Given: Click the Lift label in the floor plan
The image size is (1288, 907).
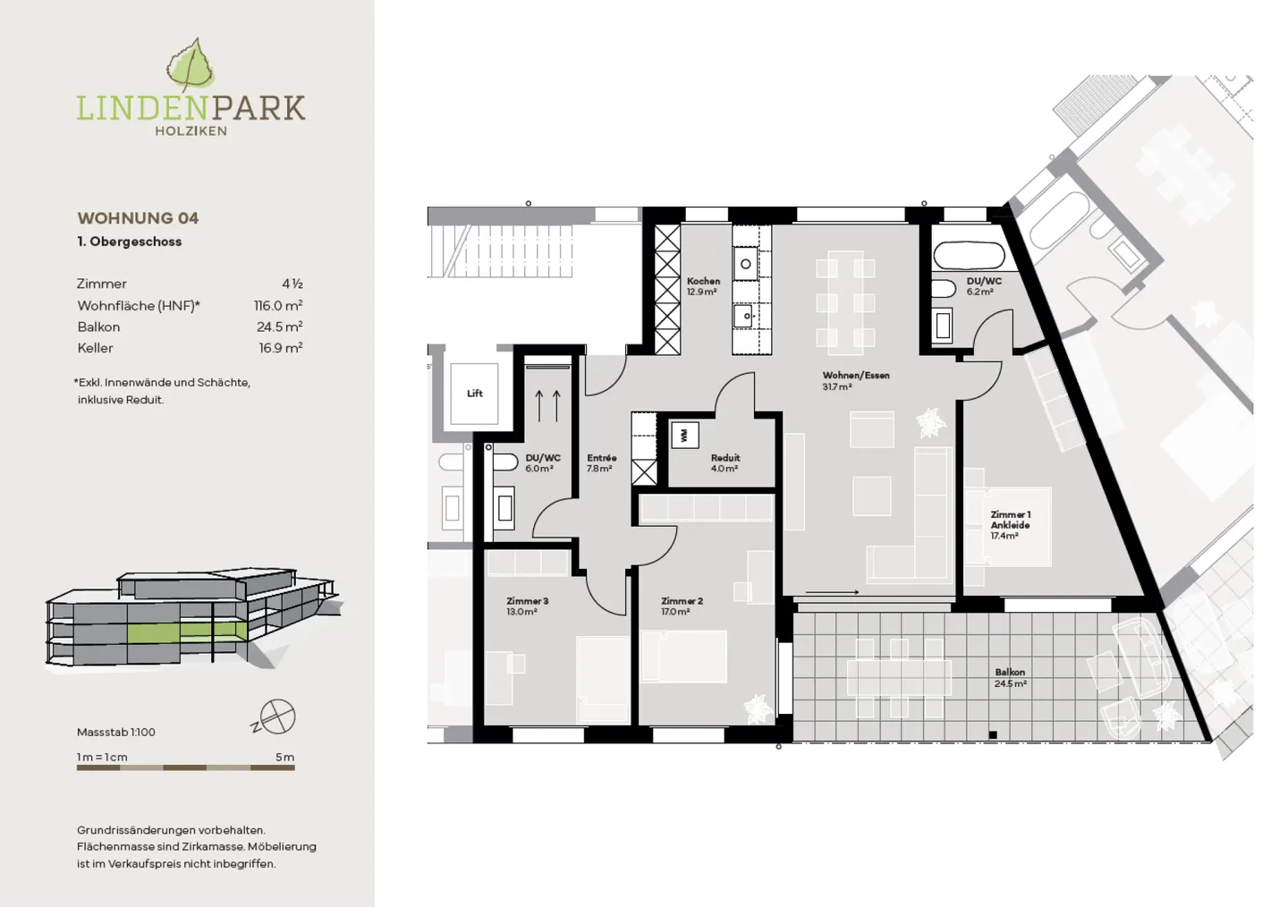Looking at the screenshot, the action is pyautogui.click(x=475, y=394).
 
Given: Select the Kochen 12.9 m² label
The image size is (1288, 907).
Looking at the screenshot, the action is pyautogui.click(x=703, y=286).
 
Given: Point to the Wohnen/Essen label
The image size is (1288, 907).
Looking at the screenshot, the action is pyautogui.click(x=856, y=375).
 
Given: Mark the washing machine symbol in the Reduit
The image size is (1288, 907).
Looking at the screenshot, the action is pyautogui.click(x=684, y=436).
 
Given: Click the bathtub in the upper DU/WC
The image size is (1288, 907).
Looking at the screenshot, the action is pyautogui.click(x=969, y=255).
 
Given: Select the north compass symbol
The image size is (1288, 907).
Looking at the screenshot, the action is pyautogui.click(x=275, y=717).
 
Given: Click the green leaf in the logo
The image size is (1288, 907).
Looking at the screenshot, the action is pyautogui.click(x=191, y=65).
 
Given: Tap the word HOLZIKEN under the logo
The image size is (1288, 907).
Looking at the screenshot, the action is pyautogui.click(x=191, y=131).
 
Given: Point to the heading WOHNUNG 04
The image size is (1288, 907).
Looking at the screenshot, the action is pyautogui.click(x=138, y=218).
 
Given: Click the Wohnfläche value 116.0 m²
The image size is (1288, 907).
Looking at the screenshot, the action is pyautogui.click(x=278, y=305).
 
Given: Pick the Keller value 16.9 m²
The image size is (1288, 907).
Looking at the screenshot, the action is pyautogui.click(x=281, y=347).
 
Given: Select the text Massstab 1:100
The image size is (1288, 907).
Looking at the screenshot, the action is pyautogui.click(x=116, y=733).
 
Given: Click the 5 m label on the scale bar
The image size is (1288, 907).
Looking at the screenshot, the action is pyautogui.click(x=285, y=757).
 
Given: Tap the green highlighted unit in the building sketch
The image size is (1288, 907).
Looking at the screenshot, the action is pyautogui.click(x=187, y=632).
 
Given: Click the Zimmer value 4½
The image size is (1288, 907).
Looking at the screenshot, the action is pyautogui.click(x=292, y=284).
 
